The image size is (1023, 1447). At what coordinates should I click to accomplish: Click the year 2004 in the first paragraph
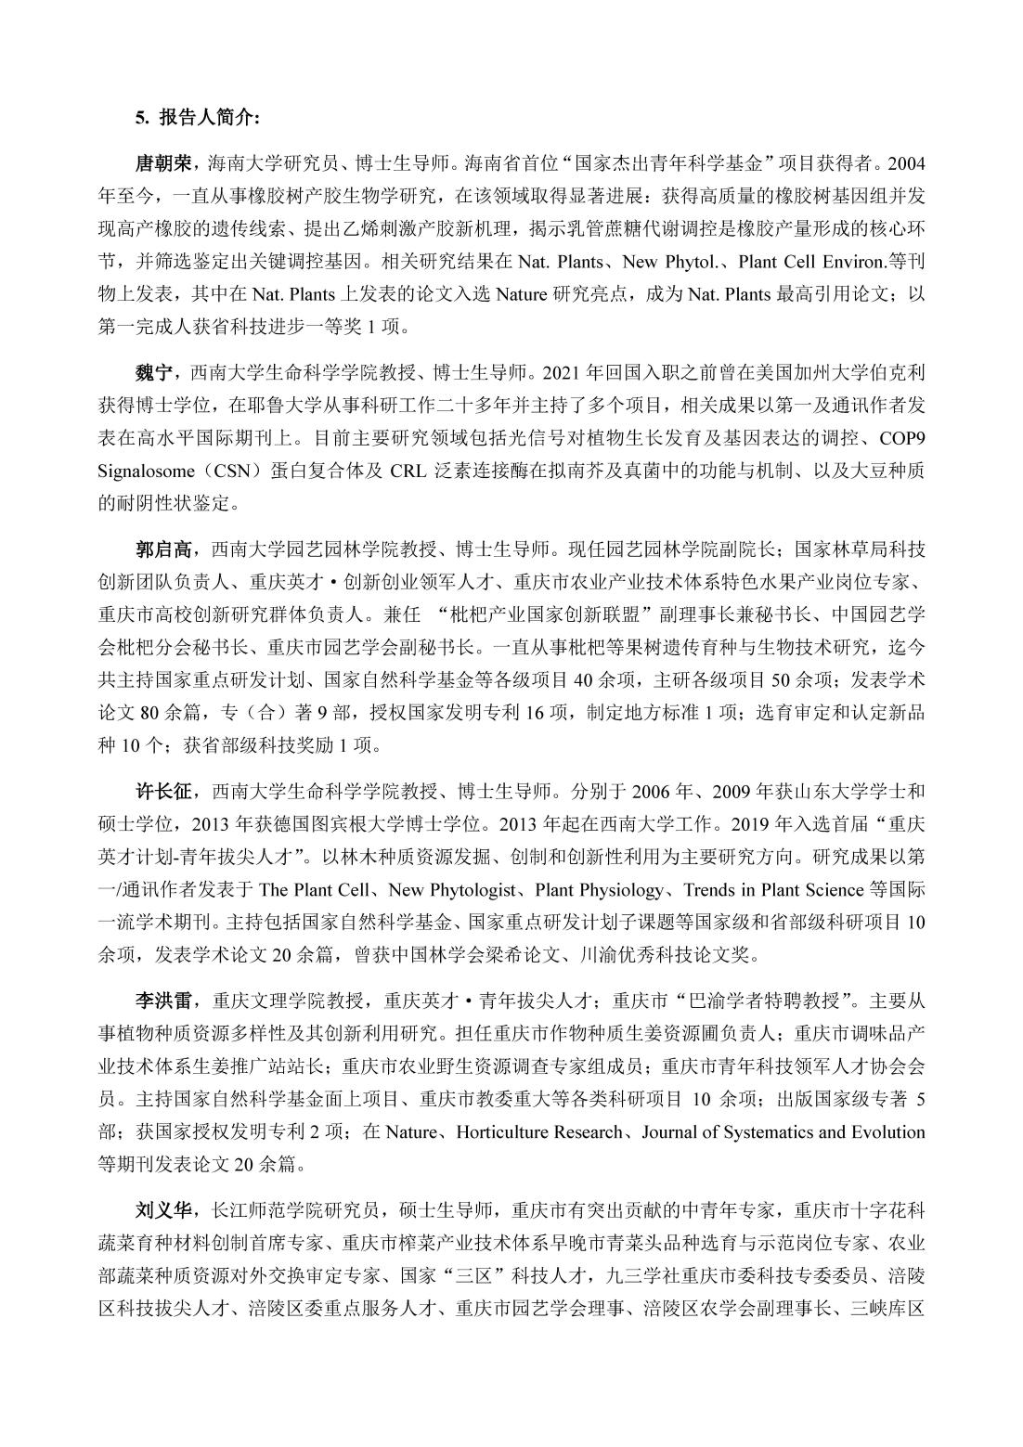pos(906,163)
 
